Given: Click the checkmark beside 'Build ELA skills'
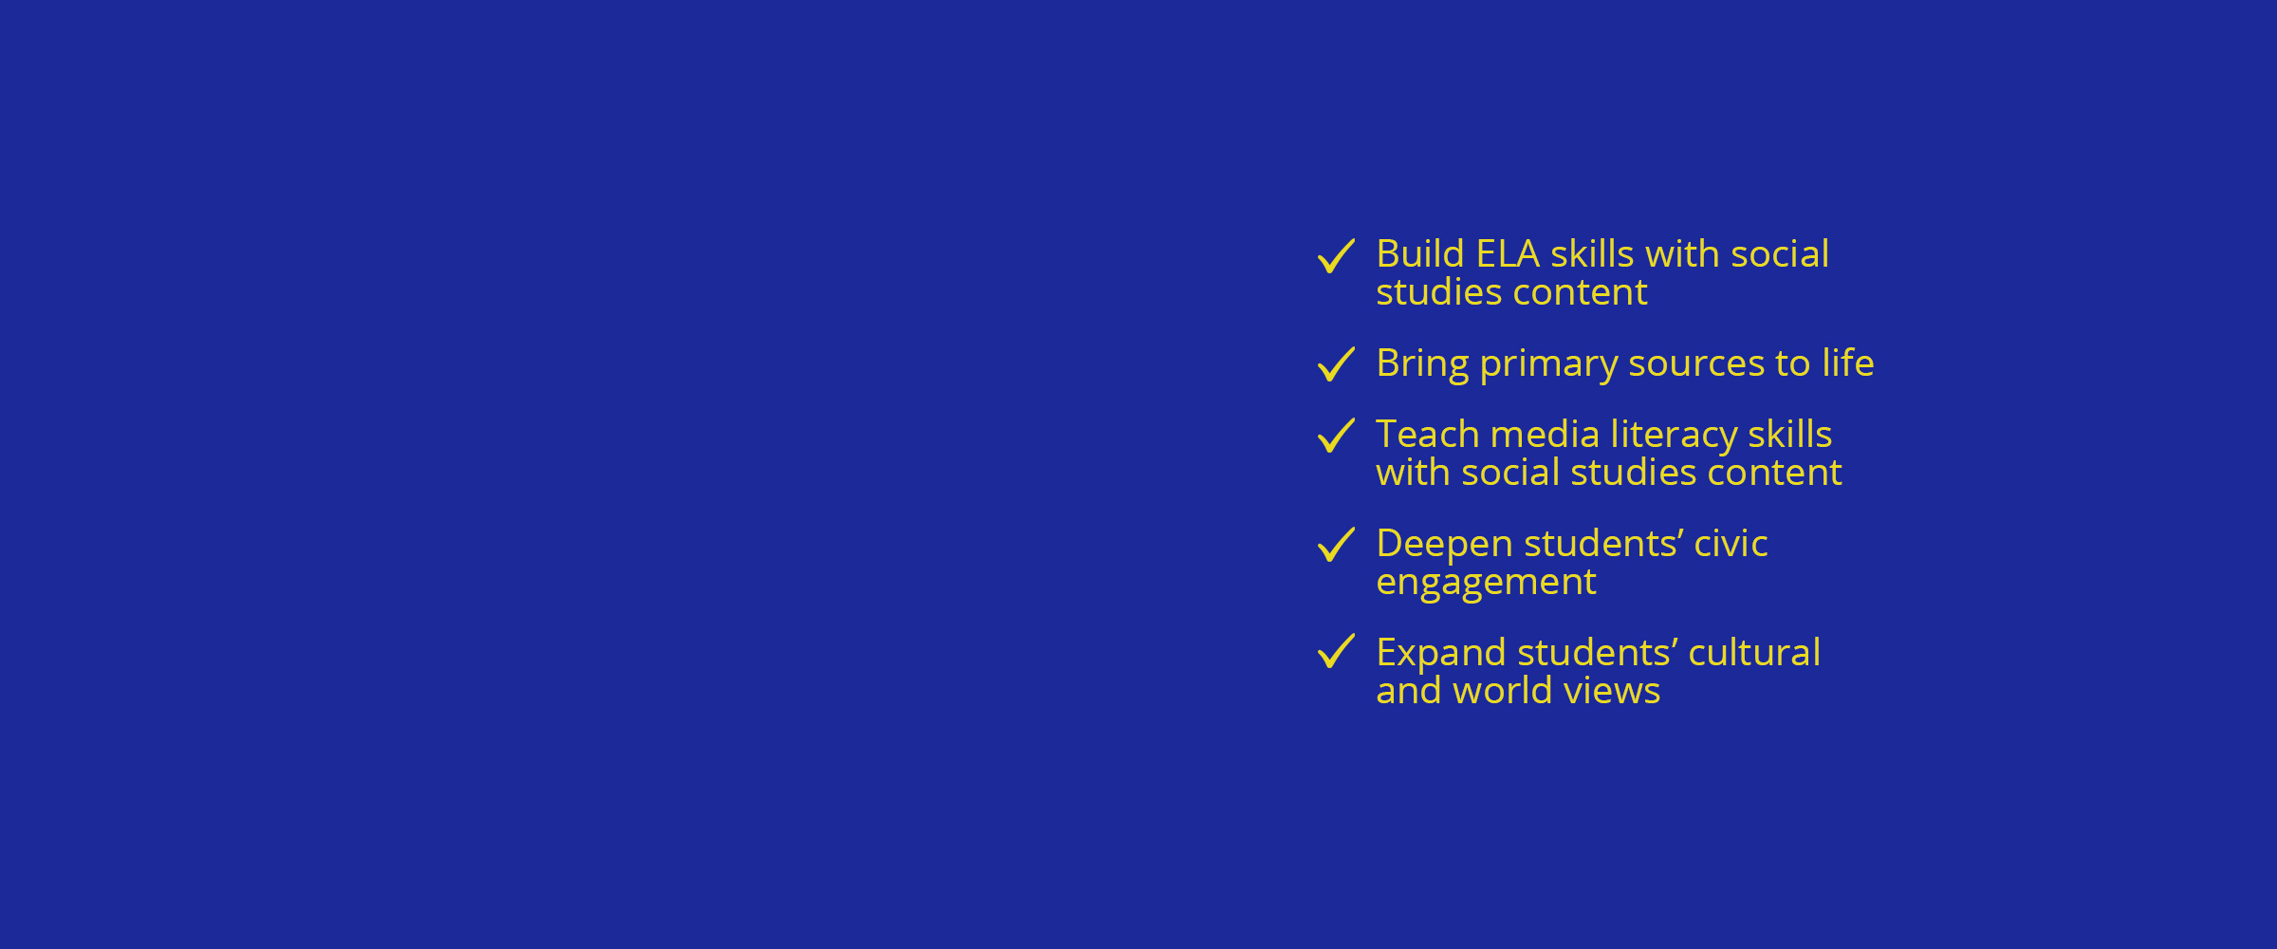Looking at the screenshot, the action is pyautogui.click(x=1336, y=256).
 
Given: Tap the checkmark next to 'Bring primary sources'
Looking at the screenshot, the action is pyautogui.click(x=1336, y=364).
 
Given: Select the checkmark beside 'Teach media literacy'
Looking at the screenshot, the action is pyautogui.click(x=1336, y=436).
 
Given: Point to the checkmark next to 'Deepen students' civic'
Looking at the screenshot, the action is pyautogui.click(x=1336, y=545).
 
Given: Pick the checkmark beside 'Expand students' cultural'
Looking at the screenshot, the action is pyautogui.click(x=1336, y=651).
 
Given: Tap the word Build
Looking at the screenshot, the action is pyautogui.click(x=1420, y=254).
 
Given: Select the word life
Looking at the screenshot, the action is pyautogui.click(x=1848, y=363).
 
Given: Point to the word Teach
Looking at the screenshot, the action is pyautogui.click(x=1428, y=435).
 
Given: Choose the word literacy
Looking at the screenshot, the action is pyautogui.click(x=1674, y=436).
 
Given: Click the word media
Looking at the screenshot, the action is pyautogui.click(x=1546, y=435).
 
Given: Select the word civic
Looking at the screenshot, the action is pyautogui.click(x=1731, y=544).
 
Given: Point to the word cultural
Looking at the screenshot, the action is pyautogui.click(x=1755, y=653).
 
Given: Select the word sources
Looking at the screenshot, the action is pyautogui.click(x=1697, y=365).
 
